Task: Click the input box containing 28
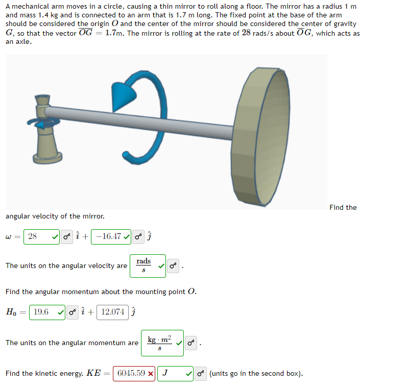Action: (41, 236)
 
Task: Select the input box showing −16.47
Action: (111, 236)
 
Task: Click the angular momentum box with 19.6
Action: (47, 312)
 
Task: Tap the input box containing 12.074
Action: (113, 312)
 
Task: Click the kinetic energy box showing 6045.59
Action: (134, 374)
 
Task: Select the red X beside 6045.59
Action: (151, 374)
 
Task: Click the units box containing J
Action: (175, 374)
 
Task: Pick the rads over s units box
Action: (148, 266)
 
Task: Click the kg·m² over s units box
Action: (162, 343)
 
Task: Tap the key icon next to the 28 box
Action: (67, 236)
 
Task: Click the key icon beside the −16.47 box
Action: (138, 236)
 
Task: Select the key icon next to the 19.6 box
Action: (73, 312)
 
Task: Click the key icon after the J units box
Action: (201, 374)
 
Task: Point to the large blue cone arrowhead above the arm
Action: (122, 96)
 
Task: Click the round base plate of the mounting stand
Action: (47, 158)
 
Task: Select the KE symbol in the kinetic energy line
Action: (93, 373)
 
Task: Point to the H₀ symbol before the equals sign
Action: (11, 312)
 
